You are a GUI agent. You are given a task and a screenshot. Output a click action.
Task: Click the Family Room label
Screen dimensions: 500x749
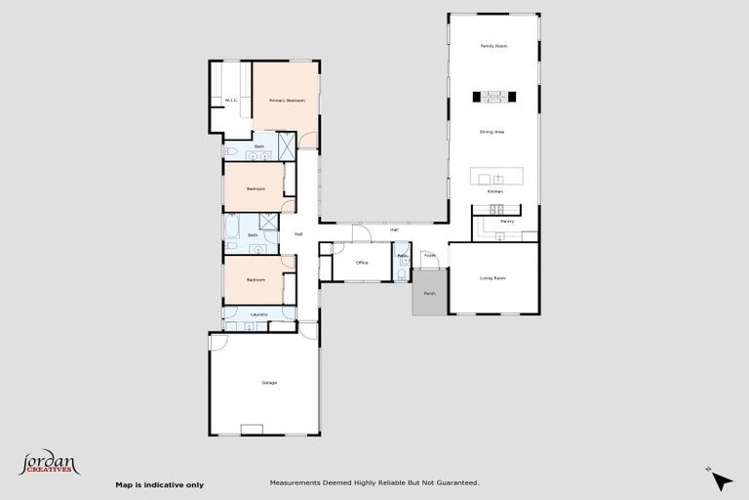tap(493, 46)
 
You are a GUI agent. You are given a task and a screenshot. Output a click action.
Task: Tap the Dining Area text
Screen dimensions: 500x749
tap(493, 131)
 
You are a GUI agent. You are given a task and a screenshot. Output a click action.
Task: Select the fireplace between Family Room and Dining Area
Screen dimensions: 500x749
tap(493, 96)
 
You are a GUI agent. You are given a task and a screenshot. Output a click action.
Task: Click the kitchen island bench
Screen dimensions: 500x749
tap(495, 178)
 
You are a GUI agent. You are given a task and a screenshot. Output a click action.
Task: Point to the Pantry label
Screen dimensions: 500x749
tap(506, 222)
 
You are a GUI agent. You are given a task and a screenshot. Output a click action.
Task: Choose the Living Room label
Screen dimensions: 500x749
tap(493, 278)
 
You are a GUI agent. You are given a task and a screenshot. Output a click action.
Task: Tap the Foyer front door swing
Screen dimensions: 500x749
tap(429, 259)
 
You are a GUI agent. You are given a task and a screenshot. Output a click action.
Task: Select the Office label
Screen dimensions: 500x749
tap(362, 263)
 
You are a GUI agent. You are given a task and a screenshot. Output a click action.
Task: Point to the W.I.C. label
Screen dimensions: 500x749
tap(231, 100)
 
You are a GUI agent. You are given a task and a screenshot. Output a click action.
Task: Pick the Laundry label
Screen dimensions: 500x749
tap(258, 314)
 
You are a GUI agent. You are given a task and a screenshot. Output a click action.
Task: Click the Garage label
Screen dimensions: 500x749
tap(269, 382)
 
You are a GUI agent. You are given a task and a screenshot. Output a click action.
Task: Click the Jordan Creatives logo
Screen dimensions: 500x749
tap(49, 462)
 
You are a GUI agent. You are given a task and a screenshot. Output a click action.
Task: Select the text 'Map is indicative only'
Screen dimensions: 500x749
tap(160, 484)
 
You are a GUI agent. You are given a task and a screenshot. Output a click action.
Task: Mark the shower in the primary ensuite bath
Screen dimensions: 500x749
tap(289, 146)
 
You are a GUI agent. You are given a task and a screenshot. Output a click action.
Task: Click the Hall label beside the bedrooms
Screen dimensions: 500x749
tap(297, 234)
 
